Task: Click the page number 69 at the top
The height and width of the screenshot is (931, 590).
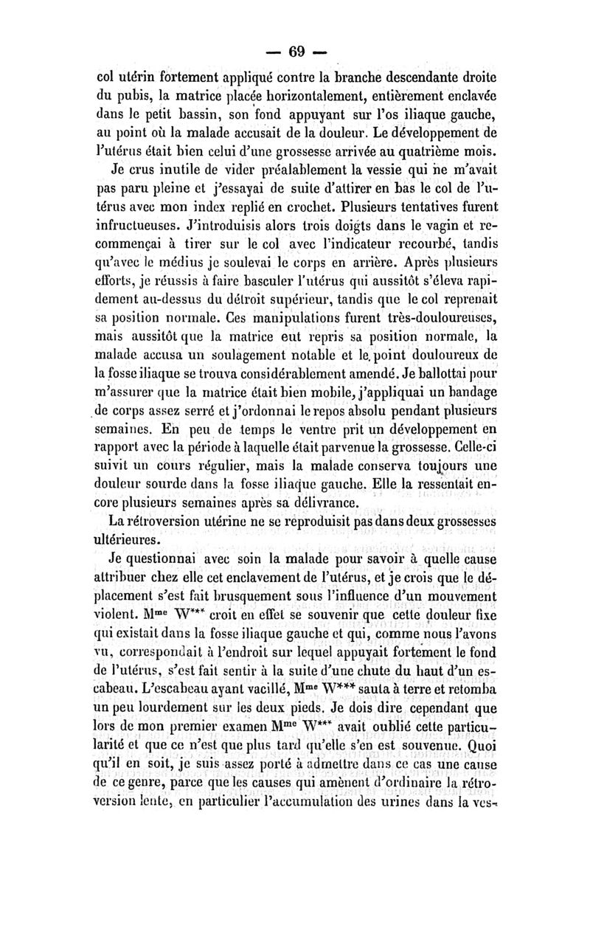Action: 296,52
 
